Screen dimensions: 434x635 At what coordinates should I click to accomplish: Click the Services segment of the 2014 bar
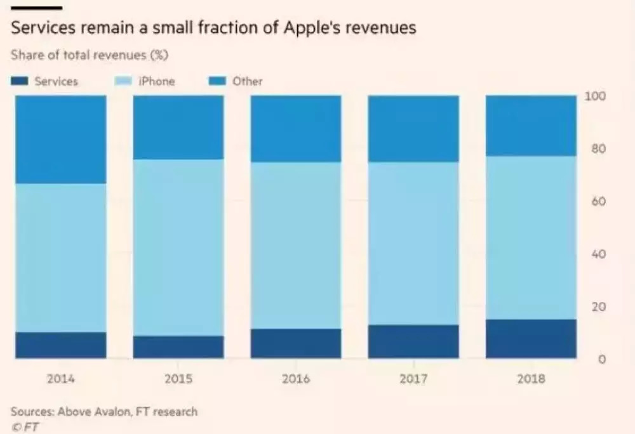[60, 345]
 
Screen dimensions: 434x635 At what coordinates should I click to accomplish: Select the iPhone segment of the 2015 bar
[178, 247]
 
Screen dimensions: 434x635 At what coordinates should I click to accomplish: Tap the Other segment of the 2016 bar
[296, 129]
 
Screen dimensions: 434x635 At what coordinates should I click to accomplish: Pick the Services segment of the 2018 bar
[531, 339]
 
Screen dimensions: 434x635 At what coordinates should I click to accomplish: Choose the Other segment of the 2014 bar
[60, 140]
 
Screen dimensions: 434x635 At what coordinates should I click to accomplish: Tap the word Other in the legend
[247, 81]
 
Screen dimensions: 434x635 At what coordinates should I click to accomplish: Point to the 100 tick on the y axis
[595, 96]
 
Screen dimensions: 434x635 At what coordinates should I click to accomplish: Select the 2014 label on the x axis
[60, 379]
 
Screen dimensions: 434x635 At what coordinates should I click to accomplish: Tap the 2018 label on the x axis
[531, 379]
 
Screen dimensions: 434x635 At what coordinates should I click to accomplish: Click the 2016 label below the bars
[296, 379]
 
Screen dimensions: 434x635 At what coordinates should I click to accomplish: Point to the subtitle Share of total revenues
[89, 55]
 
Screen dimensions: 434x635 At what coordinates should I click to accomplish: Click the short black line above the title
[36, 8]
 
